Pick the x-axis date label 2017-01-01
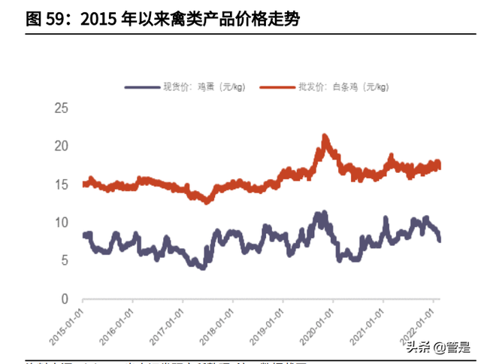(x=171, y=323)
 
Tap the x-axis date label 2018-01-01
(x=221, y=323)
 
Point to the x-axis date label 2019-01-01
(x=271, y=323)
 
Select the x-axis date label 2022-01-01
(x=422, y=323)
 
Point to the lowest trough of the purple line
(x=201, y=266)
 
